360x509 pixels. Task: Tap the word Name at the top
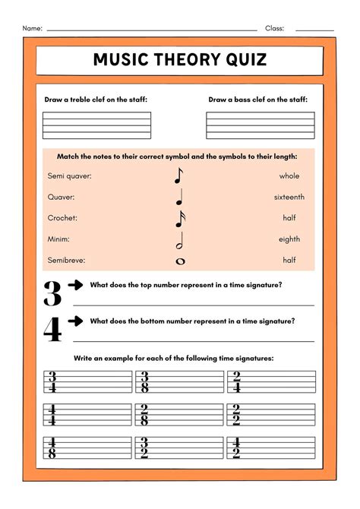[x=32, y=28]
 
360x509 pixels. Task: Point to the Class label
[x=274, y=28]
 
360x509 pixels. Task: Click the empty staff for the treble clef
[x=96, y=125]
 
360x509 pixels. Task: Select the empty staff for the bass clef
[x=261, y=125]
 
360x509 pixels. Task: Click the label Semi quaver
[x=69, y=175]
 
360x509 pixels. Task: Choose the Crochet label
[x=62, y=218]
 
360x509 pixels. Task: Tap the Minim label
[x=61, y=239]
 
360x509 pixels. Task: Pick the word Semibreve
[x=66, y=260]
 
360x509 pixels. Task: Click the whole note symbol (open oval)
[x=180, y=261]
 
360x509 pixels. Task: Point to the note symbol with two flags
[x=180, y=219]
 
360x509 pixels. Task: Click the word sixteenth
[x=289, y=197]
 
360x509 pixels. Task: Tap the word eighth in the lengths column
[x=289, y=239]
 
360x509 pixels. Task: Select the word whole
[x=289, y=175]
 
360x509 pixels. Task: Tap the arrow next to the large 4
[x=75, y=321]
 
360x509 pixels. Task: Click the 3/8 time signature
[x=144, y=381]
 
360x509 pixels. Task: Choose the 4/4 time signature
[x=52, y=415]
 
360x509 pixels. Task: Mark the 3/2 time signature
[x=144, y=448]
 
